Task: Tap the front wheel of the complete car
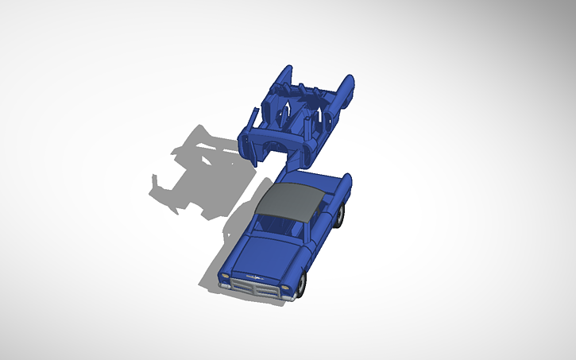tap(302, 285)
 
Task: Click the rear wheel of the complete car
tap(340, 216)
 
